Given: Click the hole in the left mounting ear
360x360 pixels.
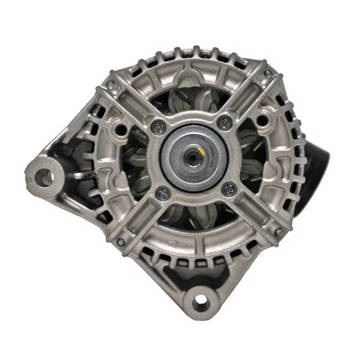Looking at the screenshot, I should [x=44, y=176].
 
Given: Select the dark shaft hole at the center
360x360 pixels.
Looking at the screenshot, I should [x=193, y=154].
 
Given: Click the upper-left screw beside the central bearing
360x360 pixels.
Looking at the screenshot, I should [x=157, y=126].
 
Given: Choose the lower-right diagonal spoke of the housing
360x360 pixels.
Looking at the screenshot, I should [x=252, y=213].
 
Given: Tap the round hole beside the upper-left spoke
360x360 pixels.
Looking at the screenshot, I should [x=122, y=130].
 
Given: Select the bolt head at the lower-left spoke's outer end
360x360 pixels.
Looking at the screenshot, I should [x=121, y=241].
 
